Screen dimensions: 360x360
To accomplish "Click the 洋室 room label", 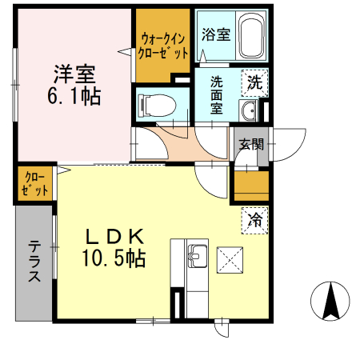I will (x=74, y=75).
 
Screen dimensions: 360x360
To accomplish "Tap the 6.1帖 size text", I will (x=74, y=97).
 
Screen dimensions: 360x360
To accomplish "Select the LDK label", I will (x=114, y=237).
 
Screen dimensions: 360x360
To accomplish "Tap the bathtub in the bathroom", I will (x=250, y=36).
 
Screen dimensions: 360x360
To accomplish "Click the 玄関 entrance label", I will (x=250, y=145).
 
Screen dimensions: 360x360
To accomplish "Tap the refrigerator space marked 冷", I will (x=255, y=218).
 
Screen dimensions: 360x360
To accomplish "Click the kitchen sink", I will (x=195, y=258).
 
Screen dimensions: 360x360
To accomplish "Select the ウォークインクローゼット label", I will (x=164, y=46).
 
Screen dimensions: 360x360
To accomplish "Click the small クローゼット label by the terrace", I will (x=34, y=183).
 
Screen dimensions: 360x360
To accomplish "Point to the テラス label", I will (x=34, y=262).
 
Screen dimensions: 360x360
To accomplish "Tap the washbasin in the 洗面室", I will (x=250, y=110).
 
